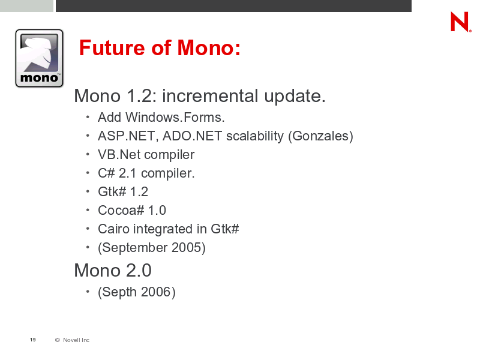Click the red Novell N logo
[461, 22]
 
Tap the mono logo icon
[39, 58]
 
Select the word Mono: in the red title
[209, 48]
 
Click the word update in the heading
[295, 97]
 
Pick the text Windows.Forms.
[175, 117]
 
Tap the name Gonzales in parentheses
[320, 136]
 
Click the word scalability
[254, 136]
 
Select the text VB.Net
[119, 155]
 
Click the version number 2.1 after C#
[127, 173]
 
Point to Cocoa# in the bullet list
[121, 211]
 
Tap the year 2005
[186, 248]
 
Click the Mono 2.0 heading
[113, 271]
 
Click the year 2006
[156, 292]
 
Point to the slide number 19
[33, 340]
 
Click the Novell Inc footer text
[76, 340]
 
